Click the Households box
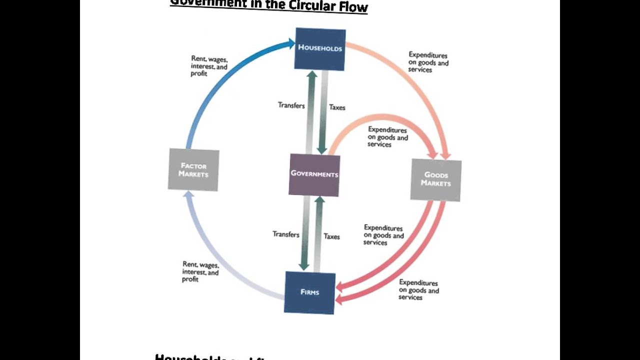click(320, 48)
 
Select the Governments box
click(314, 174)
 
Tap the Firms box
click(309, 292)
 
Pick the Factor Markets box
click(193, 169)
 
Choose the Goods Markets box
click(435, 179)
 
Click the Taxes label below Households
click(337, 107)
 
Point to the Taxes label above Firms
click(331, 236)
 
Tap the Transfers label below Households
click(291, 105)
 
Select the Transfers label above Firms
click(286, 234)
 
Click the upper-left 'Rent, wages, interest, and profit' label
click(209, 66)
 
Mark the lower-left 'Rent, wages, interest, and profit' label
click(200, 271)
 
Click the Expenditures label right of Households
click(428, 62)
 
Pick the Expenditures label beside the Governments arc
click(387, 137)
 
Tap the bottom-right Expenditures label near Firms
click(418, 290)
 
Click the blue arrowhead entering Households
click(290, 43)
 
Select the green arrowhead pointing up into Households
click(311, 75)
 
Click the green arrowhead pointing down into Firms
click(303, 265)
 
